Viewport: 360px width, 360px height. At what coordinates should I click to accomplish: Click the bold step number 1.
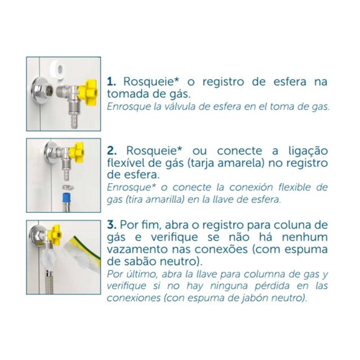coord(111,82)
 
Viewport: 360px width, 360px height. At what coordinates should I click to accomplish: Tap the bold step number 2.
coord(112,151)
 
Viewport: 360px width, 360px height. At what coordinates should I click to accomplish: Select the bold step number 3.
coord(112,224)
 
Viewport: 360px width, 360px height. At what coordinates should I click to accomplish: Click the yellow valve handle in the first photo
coord(88,89)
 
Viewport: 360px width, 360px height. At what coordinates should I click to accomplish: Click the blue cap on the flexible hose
coord(67,198)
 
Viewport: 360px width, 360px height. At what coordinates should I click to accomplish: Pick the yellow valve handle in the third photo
coord(56,234)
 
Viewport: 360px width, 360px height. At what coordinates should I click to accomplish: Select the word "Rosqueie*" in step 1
coord(151,82)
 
